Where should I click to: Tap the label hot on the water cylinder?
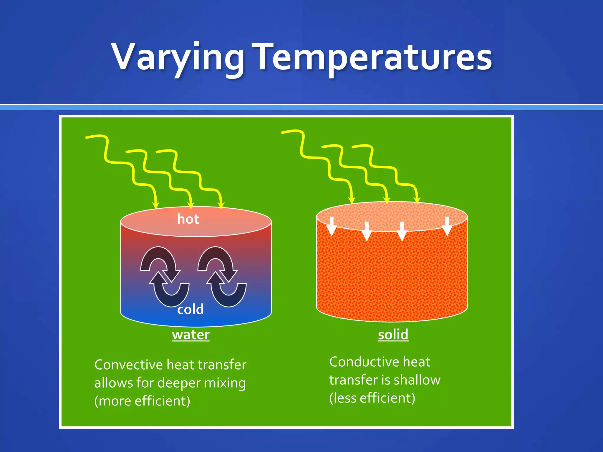(x=188, y=219)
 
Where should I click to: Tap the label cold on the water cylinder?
(x=190, y=310)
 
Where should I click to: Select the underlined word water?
(x=191, y=335)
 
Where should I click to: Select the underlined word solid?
(x=393, y=335)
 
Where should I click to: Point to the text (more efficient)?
(x=142, y=401)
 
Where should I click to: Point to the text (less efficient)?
(x=372, y=398)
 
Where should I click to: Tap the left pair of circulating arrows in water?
(x=165, y=277)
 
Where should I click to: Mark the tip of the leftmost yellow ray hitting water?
(x=155, y=207)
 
